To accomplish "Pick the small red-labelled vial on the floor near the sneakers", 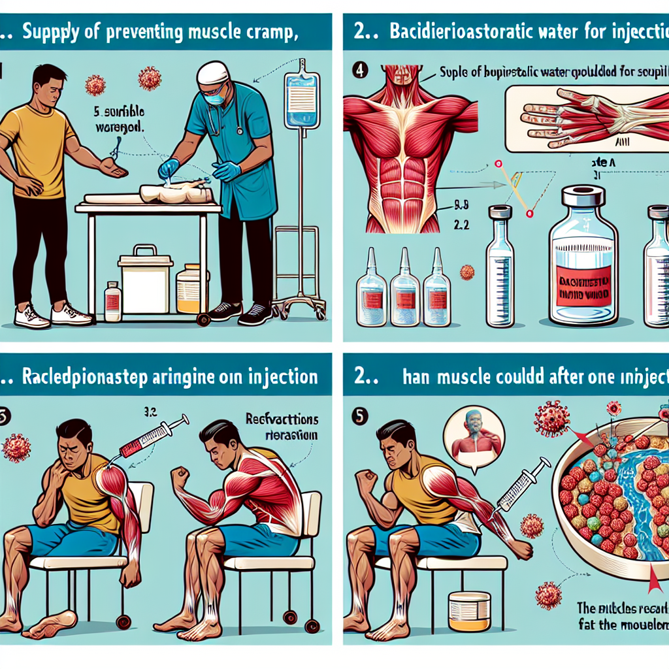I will pyautogui.click(x=113, y=301).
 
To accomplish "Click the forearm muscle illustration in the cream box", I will pyautogui.click(x=588, y=114).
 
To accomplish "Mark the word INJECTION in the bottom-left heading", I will pyautogui.click(x=270, y=377).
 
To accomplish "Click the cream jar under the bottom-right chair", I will pyautogui.click(x=470, y=611).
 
